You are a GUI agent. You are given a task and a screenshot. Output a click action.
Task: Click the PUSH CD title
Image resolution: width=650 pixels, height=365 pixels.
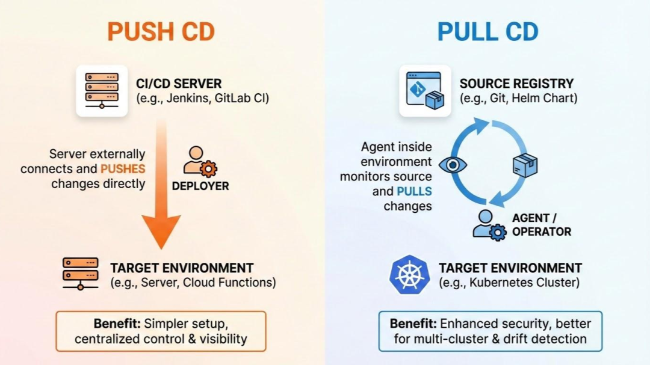coord(161,31)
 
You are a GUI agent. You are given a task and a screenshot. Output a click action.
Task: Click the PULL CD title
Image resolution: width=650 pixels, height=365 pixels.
coord(487,31)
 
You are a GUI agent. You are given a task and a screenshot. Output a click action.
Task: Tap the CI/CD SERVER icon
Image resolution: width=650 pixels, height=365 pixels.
coord(101,90)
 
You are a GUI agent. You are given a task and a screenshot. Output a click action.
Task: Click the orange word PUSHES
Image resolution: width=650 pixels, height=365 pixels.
coord(123,169)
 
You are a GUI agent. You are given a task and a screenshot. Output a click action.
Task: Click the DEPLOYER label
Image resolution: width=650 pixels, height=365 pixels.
coord(200,186)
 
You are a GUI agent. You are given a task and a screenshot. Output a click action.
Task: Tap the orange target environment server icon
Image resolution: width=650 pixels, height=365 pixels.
coord(80,274)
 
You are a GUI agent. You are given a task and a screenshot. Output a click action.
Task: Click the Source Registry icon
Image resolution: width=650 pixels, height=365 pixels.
coord(425,90)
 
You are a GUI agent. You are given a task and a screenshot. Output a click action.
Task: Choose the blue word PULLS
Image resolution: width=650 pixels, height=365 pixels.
coord(414,192)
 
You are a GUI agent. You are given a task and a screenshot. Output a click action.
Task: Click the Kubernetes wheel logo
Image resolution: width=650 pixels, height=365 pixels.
coord(410,274)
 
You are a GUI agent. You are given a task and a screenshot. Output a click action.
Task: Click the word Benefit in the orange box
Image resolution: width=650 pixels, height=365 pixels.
coord(117,324)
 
